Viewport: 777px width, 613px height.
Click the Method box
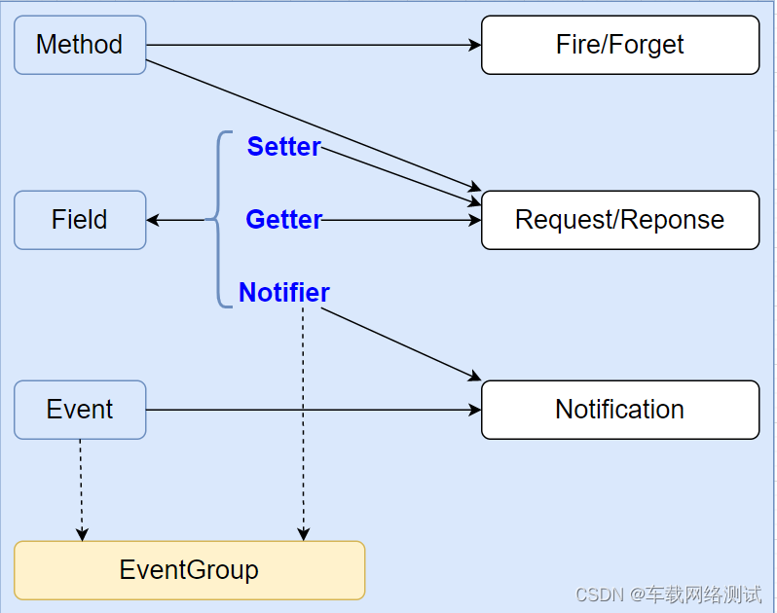pos(80,45)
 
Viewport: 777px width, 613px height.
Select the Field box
pos(80,220)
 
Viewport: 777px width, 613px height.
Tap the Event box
pos(80,410)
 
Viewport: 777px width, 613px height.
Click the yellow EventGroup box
pos(189,570)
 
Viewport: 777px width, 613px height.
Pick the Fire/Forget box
pos(620,45)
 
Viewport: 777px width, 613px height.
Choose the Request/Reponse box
pos(620,220)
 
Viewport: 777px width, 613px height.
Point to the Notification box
pos(620,410)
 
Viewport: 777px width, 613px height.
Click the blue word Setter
pos(283,147)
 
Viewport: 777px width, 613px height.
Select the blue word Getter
pos(283,220)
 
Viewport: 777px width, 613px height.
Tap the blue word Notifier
pos(283,293)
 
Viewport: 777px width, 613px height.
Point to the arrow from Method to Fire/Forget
pos(312,45)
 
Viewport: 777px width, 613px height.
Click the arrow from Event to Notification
pos(312,410)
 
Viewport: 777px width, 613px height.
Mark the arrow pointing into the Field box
pos(175,220)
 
